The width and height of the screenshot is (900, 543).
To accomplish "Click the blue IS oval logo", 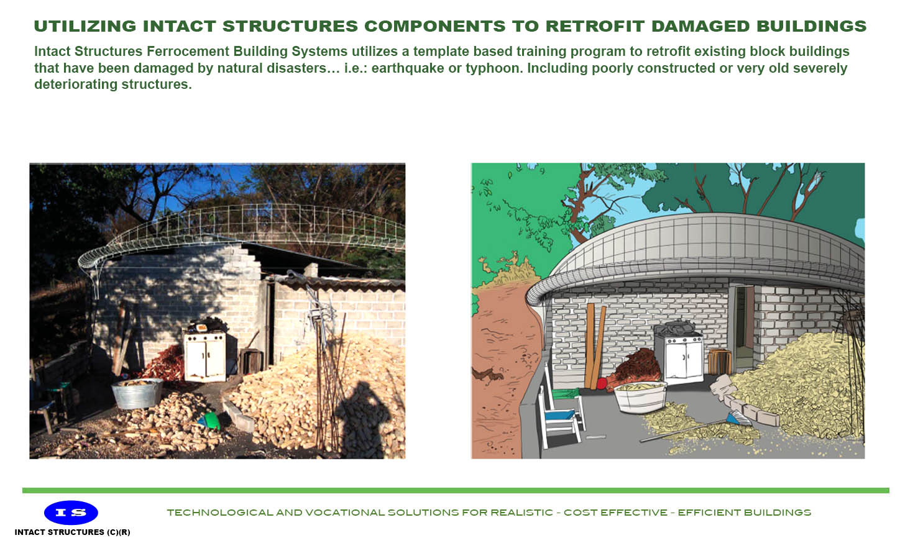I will coord(71,513).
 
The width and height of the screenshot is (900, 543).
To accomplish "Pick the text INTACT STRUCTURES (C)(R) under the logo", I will coord(72,532).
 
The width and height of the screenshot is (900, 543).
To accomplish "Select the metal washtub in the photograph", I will coord(137,393).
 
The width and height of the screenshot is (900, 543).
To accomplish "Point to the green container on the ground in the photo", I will coord(211,421).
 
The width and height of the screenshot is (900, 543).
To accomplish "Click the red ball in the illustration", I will coord(602,383).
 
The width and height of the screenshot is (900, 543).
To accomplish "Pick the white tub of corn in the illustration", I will coord(640,396).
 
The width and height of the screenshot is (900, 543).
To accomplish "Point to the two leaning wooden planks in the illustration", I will coord(595,345).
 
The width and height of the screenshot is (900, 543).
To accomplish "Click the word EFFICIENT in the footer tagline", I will coord(708,513).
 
